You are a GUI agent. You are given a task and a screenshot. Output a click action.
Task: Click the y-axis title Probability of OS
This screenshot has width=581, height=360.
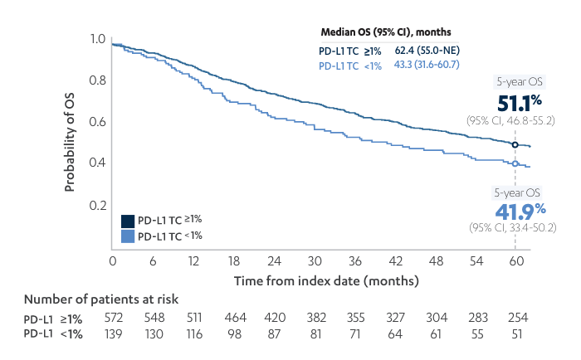point(71,142)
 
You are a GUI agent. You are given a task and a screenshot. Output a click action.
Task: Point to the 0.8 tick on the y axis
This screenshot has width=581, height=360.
point(97,80)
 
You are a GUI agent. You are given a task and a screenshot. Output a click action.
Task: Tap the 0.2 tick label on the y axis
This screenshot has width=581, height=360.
point(97,205)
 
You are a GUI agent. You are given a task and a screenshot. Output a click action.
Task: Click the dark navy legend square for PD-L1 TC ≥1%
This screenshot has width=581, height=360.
point(128,221)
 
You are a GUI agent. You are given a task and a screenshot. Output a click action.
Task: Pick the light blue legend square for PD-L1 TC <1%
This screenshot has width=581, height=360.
point(128,236)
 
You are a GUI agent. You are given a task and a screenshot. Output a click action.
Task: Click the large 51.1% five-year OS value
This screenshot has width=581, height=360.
point(520,103)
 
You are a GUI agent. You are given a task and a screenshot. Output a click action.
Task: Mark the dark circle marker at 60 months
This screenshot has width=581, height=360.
point(515,145)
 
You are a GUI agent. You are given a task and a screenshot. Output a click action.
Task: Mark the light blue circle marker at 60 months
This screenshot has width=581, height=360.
point(515,164)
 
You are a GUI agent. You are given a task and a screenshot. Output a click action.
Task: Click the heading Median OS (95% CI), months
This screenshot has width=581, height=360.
point(386,32)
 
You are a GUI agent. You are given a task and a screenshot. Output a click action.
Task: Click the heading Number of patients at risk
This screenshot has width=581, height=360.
point(101,299)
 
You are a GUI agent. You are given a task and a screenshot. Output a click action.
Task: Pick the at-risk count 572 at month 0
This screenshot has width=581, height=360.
point(112,318)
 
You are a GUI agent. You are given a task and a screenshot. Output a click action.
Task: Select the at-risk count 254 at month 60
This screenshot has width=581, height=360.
point(515,318)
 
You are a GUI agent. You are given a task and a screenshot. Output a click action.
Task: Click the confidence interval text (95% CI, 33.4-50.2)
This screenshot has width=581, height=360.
point(512,227)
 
